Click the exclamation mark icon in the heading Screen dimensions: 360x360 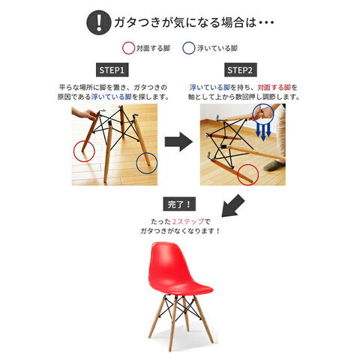98,22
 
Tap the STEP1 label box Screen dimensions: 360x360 112,70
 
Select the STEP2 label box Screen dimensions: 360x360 240,70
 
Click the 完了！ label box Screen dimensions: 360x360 179,205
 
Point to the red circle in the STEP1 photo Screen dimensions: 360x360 73,151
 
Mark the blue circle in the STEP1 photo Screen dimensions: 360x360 136,163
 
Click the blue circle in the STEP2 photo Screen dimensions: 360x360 253,114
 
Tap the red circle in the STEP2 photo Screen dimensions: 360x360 237,175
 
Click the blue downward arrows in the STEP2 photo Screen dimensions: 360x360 263,131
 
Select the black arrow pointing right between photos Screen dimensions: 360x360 178,142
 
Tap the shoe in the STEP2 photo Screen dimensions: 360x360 274,166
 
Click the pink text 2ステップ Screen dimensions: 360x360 188,221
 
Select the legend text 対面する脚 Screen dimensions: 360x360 153,48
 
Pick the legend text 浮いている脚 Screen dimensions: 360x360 217,48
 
